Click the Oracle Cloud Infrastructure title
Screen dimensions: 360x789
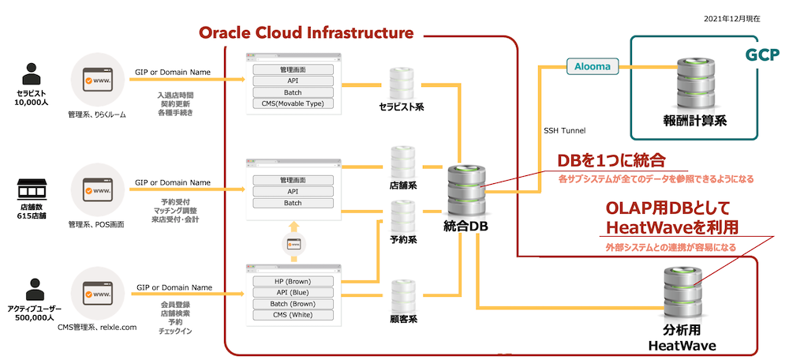(306, 33)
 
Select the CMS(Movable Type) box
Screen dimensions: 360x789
(294, 103)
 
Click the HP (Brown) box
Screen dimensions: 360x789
(294, 282)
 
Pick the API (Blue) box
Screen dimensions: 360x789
(294, 293)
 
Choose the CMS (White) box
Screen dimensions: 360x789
(294, 315)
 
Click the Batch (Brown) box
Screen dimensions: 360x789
(294, 304)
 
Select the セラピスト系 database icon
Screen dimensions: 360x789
(402, 83)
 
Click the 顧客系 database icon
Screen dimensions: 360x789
(402, 294)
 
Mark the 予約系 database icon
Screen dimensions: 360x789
(402, 216)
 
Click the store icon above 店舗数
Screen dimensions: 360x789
(32, 192)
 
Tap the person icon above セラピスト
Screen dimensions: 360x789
(32, 73)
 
